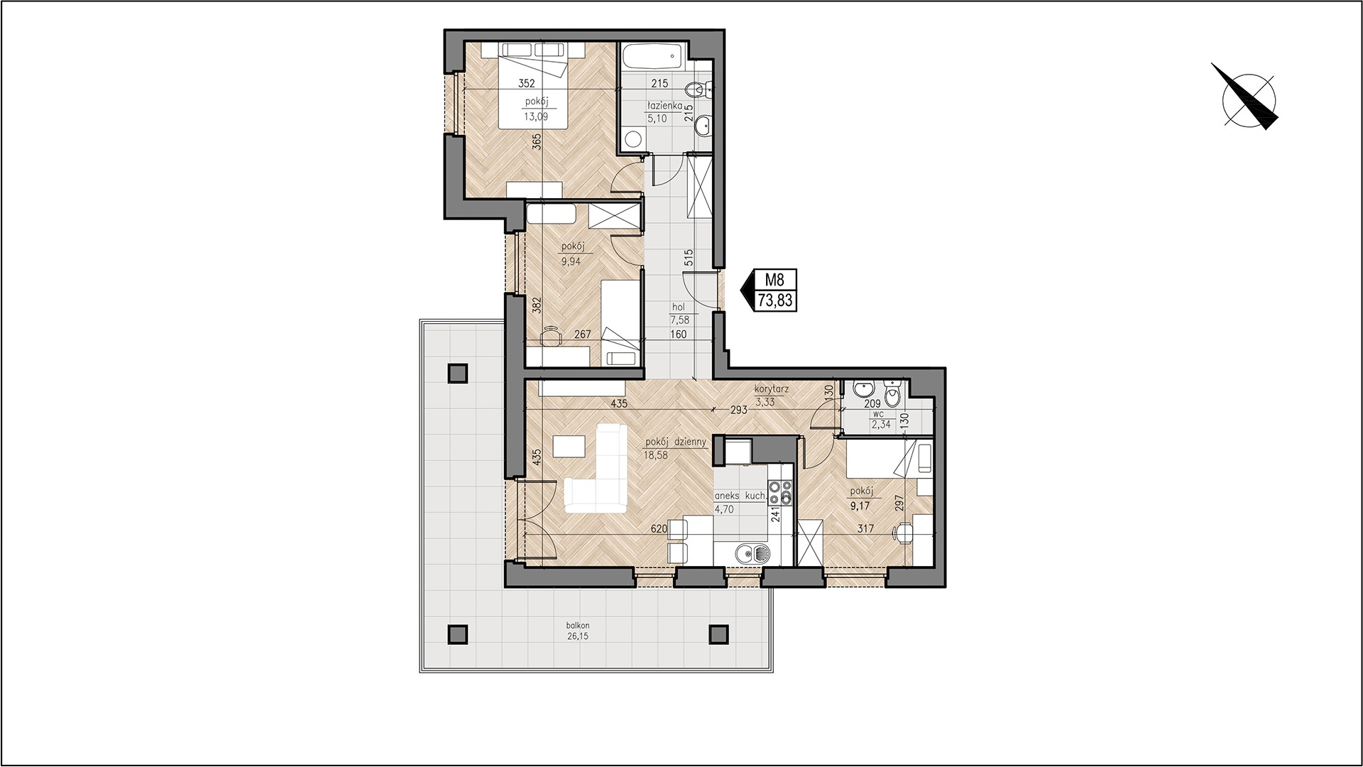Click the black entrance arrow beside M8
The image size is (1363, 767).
(x=747, y=290)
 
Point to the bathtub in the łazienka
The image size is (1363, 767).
(x=653, y=56)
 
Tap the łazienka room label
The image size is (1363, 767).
(x=664, y=106)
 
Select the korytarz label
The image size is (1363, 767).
(x=772, y=390)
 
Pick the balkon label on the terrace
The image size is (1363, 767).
(x=578, y=626)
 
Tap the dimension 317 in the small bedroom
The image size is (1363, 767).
(x=864, y=528)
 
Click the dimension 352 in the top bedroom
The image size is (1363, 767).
(x=526, y=82)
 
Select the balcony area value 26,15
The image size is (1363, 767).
(x=578, y=637)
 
